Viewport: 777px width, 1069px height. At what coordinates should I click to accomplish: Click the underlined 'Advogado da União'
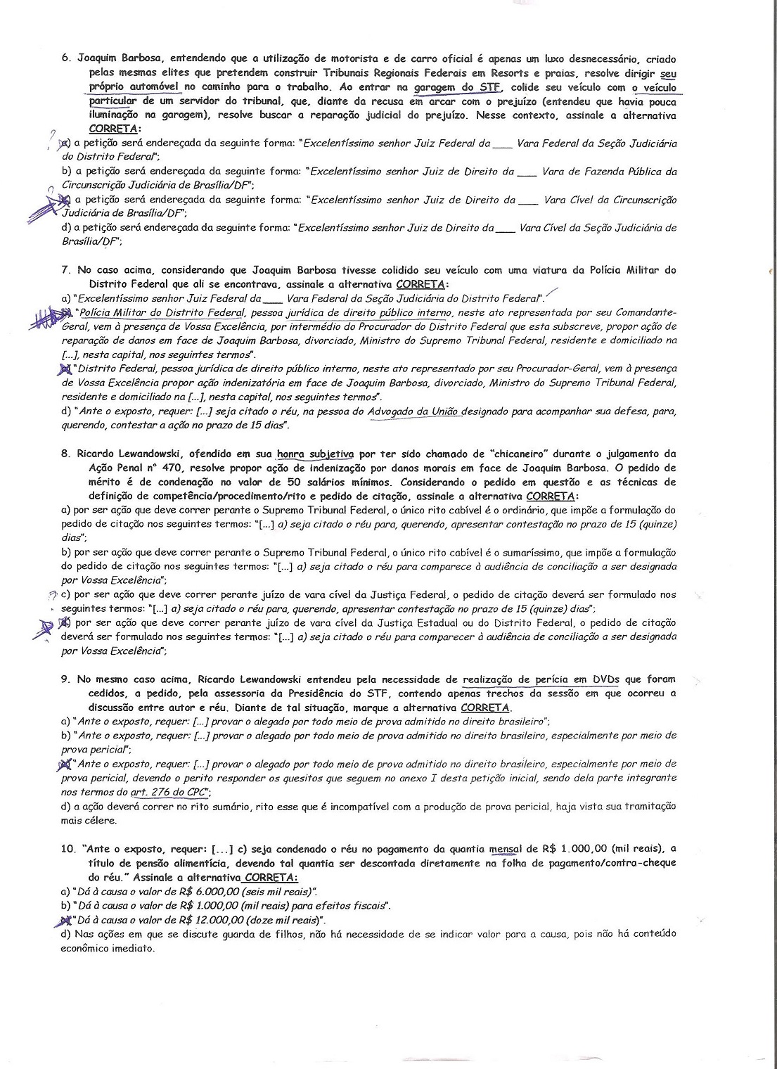pos(414,411)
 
